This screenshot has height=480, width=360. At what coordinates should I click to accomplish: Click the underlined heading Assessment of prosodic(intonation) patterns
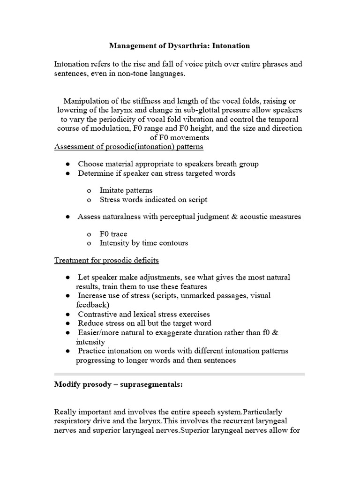point(129,147)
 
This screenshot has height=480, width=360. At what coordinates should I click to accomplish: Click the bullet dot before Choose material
point(68,164)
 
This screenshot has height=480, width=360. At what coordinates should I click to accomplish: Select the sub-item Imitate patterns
point(126,190)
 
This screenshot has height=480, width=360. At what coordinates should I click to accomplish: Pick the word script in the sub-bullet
point(197,199)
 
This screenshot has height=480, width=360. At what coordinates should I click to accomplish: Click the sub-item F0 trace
point(113,234)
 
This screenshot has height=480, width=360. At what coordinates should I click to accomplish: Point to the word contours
point(172,243)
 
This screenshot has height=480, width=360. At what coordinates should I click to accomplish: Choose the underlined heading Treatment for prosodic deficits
point(106,260)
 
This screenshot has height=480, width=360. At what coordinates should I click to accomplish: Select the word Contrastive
point(99,314)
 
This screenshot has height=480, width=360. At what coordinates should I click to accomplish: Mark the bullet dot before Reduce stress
point(68,323)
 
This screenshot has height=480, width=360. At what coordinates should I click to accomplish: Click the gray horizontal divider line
point(180,374)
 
